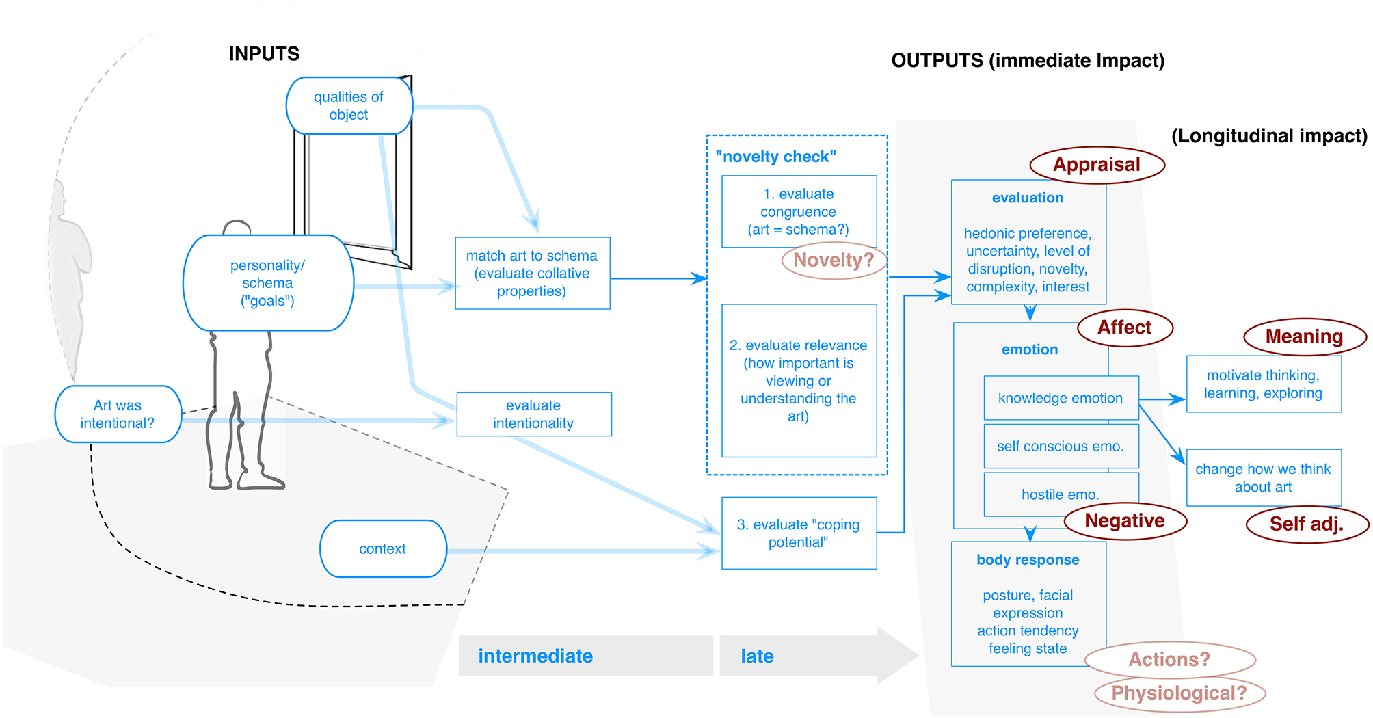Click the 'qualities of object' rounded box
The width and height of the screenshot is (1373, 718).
pyautogui.click(x=349, y=106)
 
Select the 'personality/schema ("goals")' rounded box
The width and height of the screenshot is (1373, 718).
pyautogui.click(x=268, y=283)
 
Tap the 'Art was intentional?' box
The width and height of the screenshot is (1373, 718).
pyautogui.click(x=118, y=414)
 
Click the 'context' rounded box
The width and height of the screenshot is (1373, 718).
pyautogui.click(x=383, y=548)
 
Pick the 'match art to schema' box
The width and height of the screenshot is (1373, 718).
pyautogui.click(x=532, y=274)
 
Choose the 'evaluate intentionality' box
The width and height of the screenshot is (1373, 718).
pyautogui.click(x=533, y=414)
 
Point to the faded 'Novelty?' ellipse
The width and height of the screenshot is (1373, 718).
pyautogui.click(x=834, y=261)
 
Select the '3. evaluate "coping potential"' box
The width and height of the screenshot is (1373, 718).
pyautogui.click(x=798, y=533)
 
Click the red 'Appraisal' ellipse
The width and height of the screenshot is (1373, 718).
pyautogui.click(x=1097, y=165)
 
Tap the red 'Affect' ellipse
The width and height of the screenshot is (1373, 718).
pyautogui.click(x=1125, y=328)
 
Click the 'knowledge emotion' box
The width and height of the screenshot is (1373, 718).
pyautogui.click(x=1061, y=398)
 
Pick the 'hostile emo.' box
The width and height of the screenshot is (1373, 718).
pyautogui.click(x=1061, y=494)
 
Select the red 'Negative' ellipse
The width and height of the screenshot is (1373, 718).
pyautogui.click(x=1125, y=521)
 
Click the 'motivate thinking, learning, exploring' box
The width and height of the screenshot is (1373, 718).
pyautogui.click(x=1263, y=384)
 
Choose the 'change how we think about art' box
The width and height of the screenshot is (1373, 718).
pyautogui.click(x=1263, y=478)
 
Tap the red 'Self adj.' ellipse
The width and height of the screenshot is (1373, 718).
pyautogui.click(x=1307, y=524)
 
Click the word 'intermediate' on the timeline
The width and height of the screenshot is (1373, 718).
pyautogui.click(x=535, y=656)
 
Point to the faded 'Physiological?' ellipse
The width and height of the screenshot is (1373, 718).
pyautogui.click(x=1179, y=693)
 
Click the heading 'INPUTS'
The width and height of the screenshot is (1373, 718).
pyautogui.click(x=264, y=54)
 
